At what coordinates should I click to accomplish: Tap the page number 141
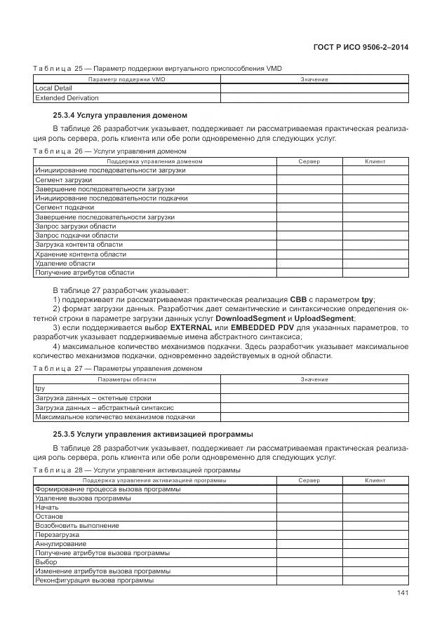click(402, 593)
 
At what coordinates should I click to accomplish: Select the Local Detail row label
click(53, 88)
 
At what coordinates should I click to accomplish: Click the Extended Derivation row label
click(67, 97)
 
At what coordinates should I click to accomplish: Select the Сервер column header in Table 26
click(309, 161)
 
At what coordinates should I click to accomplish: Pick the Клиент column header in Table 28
click(375, 480)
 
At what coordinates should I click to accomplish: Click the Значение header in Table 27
click(314, 379)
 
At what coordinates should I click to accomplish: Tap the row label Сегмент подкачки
click(65, 207)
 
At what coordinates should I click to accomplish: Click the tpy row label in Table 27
click(40, 388)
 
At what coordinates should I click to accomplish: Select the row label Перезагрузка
click(57, 535)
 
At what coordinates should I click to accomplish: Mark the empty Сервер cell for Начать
click(309, 507)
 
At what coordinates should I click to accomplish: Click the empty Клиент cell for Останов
click(375, 517)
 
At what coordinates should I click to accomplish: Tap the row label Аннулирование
click(61, 544)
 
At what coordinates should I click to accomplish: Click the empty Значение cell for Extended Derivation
click(314, 97)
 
